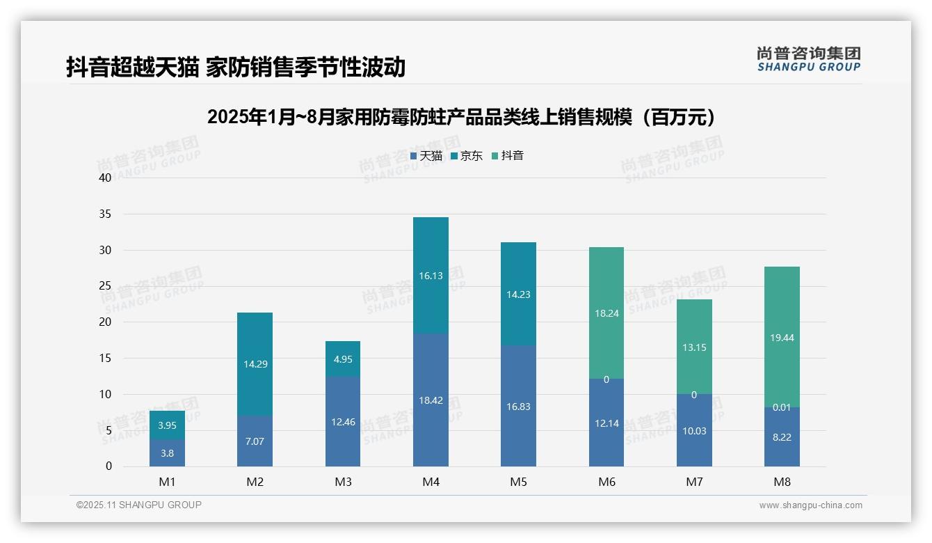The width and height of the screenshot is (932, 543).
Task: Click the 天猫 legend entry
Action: click(x=426, y=156)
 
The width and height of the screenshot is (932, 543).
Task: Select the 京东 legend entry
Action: click(x=467, y=156)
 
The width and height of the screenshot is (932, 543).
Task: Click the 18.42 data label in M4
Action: click(x=431, y=400)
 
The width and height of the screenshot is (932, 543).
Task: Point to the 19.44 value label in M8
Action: click(x=782, y=338)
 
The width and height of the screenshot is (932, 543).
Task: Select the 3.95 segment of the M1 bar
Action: click(x=167, y=425)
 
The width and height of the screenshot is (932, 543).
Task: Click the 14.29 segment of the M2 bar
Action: click(x=255, y=364)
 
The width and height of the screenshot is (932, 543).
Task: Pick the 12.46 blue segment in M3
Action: click(x=343, y=422)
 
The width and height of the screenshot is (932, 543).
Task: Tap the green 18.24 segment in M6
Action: click(x=606, y=313)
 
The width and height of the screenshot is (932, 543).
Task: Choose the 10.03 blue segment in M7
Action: click(x=694, y=431)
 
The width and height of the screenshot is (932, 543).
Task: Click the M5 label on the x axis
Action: click(x=518, y=482)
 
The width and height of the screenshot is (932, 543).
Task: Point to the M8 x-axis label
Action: click(x=782, y=482)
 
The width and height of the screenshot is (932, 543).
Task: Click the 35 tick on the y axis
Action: click(x=105, y=214)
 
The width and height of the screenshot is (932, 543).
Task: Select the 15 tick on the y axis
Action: click(x=105, y=358)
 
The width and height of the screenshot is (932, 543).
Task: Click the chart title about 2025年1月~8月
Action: click(x=461, y=117)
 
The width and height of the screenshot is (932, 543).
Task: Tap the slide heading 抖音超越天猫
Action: click(x=236, y=68)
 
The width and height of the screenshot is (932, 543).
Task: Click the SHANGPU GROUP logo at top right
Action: click(x=808, y=59)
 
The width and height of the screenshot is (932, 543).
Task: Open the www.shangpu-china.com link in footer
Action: click(x=810, y=505)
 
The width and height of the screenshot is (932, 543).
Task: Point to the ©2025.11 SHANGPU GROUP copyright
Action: click(x=139, y=505)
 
